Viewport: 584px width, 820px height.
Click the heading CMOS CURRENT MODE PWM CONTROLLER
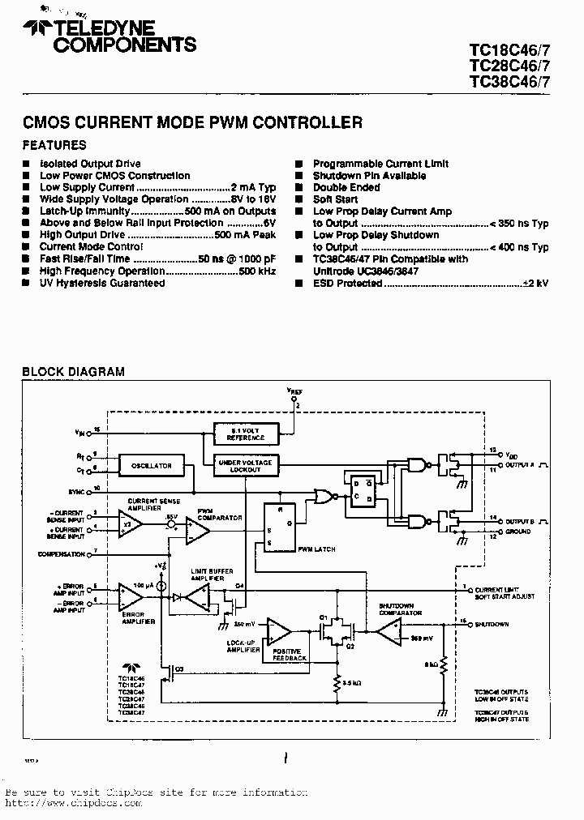191,123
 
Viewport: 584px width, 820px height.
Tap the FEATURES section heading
54,146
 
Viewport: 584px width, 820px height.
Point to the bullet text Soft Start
335,199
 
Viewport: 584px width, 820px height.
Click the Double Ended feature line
346,187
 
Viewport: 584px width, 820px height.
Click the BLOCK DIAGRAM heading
73,372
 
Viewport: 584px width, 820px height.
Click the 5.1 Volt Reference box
246,434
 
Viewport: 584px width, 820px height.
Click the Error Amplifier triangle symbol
129,595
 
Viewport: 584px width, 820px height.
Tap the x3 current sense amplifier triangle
128,523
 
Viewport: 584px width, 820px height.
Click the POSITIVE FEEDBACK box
290,654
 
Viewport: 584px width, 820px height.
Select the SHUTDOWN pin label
492,624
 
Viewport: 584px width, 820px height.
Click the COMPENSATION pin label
61,554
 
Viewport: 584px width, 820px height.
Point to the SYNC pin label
77,491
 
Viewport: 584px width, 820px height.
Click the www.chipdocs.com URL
73,803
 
